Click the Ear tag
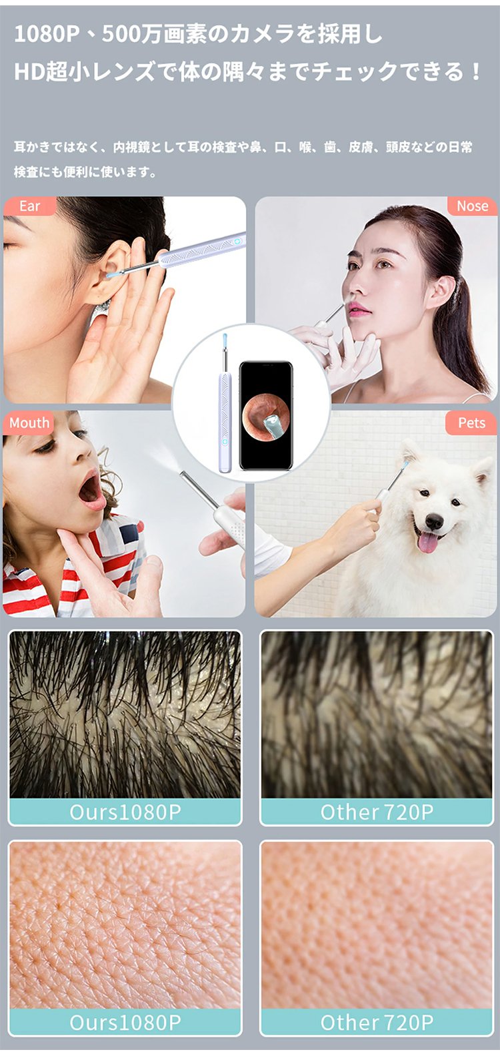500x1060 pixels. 29,206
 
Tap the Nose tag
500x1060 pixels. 471,206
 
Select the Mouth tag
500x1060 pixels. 29,423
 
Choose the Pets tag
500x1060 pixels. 471,423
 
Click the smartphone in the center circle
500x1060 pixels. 265,415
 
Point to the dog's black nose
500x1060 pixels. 434,522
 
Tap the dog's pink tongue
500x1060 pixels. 429,542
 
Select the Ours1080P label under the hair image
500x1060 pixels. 125,812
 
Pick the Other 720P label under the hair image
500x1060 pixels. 377,812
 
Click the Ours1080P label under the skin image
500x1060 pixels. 125,1022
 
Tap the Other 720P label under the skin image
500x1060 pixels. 377,1022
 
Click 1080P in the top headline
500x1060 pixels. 47,35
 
